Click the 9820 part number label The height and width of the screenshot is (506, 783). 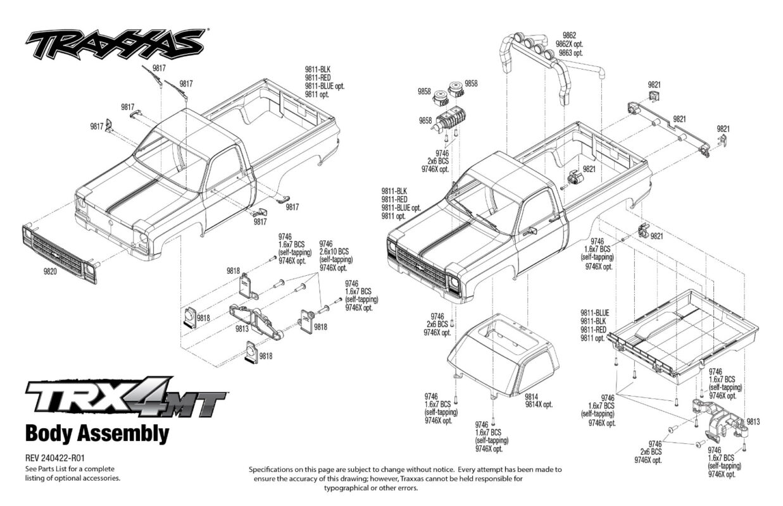coord(50,271)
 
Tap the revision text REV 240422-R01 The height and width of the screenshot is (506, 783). coord(55,458)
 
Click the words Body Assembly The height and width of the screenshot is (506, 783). coord(97,434)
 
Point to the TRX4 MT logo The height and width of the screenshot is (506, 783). coord(126,398)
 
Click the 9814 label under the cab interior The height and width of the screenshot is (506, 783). coord(531,397)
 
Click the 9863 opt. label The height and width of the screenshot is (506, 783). coord(571,52)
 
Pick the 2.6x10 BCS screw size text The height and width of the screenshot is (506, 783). coord(334,252)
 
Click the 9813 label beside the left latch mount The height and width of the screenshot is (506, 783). coord(242,329)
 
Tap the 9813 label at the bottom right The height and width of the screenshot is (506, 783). coord(753,422)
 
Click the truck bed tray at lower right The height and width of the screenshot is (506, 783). coord(683,337)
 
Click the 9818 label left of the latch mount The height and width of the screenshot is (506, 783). coord(203,318)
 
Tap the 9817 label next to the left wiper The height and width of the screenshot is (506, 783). coord(159,68)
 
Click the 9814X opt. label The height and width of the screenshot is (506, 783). coord(539,404)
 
